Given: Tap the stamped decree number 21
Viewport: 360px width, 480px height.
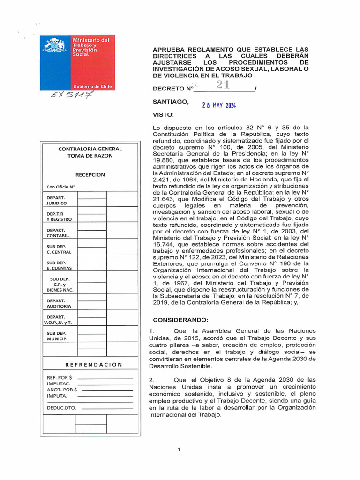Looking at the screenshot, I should pyautogui.click(x=222, y=85).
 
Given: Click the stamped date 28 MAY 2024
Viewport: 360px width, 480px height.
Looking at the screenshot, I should pyautogui.click(x=219, y=105).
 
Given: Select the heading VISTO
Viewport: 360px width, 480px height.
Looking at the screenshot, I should pyautogui.click(x=163, y=115).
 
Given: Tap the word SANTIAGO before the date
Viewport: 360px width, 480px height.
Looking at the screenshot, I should pyautogui.click(x=171, y=101).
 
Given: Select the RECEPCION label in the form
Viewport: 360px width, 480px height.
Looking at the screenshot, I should pyautogui.click(x=90, y=175).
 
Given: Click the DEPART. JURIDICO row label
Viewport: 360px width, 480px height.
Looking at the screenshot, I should pyautogui.click(x=57, y=200).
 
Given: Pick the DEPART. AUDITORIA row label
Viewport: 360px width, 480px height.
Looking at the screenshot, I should pyautogui.click(x=59, y=303).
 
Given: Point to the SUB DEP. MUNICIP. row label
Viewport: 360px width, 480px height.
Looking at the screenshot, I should pyautogui.click(x=57, y=336).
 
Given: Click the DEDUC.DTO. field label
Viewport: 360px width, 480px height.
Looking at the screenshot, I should pyautogui.click(x=61, y=408).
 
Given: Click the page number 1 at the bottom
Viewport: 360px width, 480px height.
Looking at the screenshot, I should pyautogui.click(x=179, y=450).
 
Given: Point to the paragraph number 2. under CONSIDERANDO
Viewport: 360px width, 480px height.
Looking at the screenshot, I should pyautogui.click(x=151, y=379).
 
